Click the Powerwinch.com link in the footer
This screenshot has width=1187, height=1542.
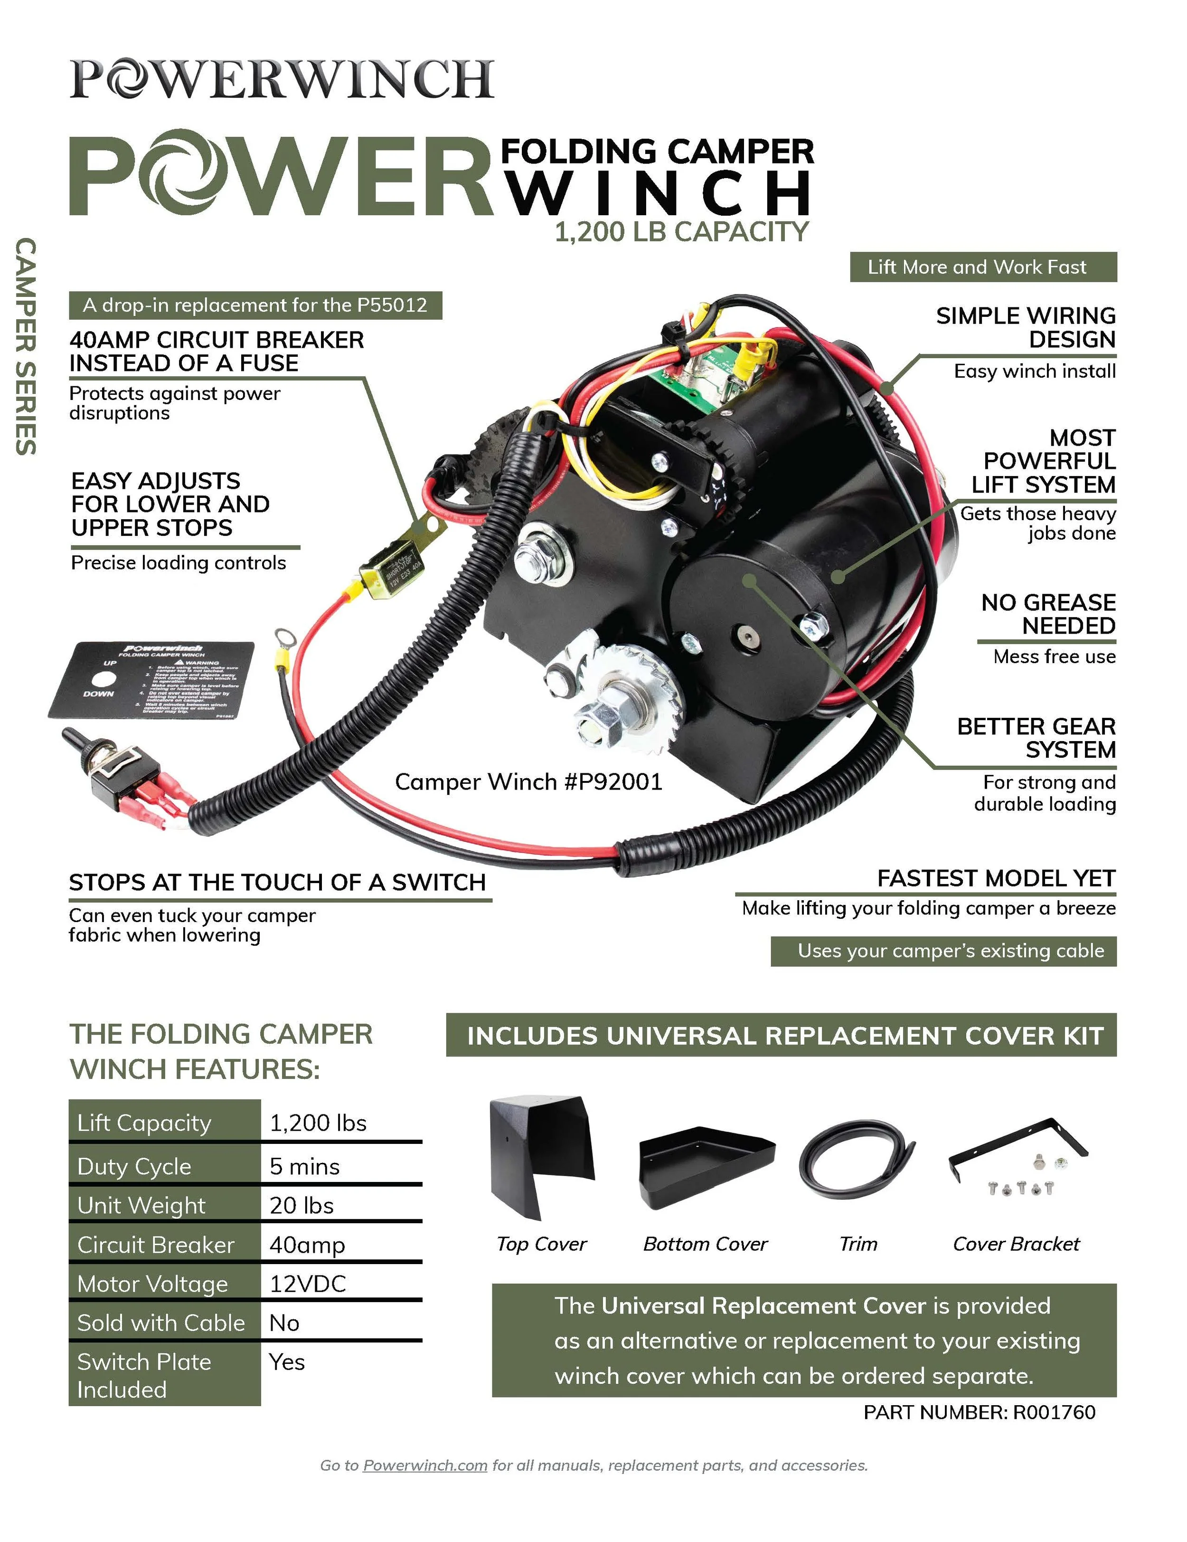(x=425, y=1465)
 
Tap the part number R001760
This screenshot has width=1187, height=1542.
(x=979, y=1412)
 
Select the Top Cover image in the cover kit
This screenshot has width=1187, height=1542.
(x=541, y=1157)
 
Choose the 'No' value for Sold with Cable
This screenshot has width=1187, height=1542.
(x=284, y=1323)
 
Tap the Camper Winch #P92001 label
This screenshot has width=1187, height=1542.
(x=528, y=781)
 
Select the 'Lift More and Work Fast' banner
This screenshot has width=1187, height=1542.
(x=982, y=267)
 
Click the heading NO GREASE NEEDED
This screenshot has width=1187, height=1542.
(x=1048, y=614)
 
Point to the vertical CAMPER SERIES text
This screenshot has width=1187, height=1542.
(x=26, y=346)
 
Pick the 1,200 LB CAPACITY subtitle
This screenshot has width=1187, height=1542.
(x=681, y=231)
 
